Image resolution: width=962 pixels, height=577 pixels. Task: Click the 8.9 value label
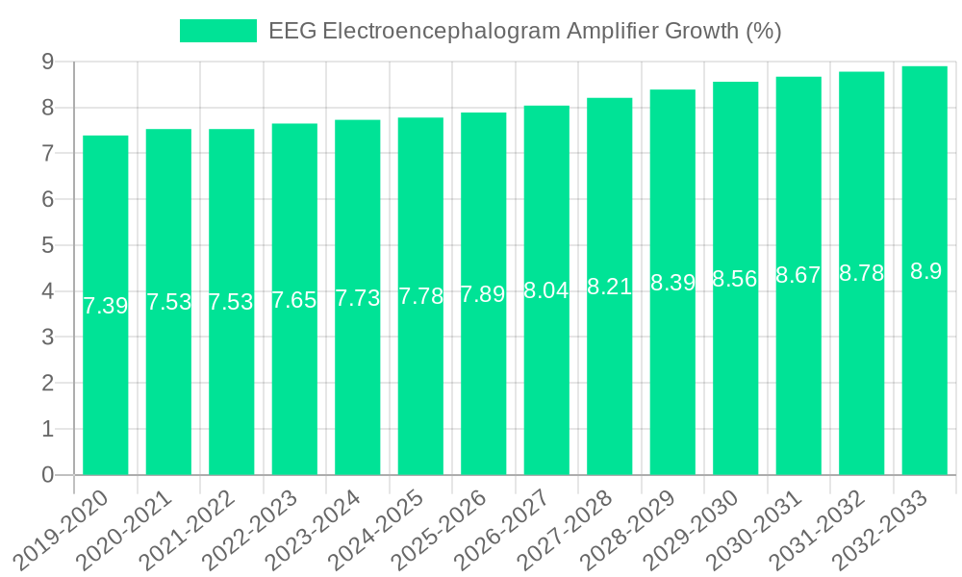[925, 271]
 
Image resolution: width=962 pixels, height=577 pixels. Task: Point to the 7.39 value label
[106, 306]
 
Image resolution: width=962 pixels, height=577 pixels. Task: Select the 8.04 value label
[546, 290]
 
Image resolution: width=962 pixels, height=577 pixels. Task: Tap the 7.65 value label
[294, 299]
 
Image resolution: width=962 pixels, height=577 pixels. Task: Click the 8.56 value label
[735, 279]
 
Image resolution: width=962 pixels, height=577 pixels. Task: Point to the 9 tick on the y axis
[47, 62]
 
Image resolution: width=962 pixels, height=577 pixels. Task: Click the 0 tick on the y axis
[47, 475]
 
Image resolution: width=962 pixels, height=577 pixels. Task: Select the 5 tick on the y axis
[47, 245]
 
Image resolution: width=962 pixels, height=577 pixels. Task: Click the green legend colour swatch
[218, 31]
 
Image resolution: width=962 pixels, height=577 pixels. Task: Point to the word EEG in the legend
[291, 31]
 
